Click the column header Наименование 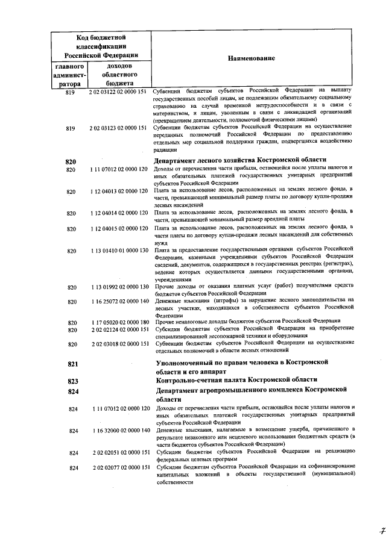pos(251,58)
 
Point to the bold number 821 pos(72,365)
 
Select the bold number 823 pos(72,381)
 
